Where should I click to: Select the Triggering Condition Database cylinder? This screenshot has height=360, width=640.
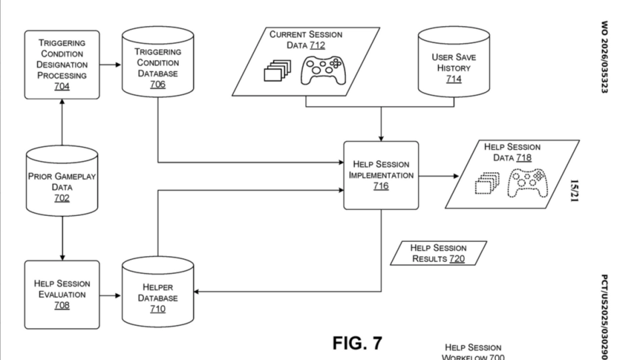(157, 64)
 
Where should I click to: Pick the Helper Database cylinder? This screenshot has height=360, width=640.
(157, 294)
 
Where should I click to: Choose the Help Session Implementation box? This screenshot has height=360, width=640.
(381, 175)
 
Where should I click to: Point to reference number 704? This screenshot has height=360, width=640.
(61, 86)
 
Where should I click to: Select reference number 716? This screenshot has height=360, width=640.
(381, 187)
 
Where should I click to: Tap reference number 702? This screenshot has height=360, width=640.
(61, 199)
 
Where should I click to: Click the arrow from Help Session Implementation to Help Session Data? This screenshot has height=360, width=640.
(439, 176)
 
